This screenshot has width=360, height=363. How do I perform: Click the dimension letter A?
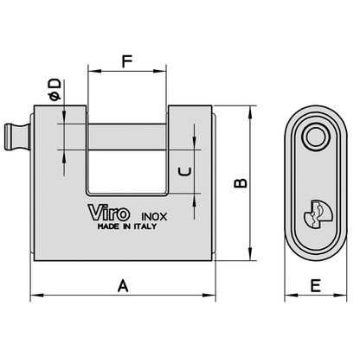click(x=123, y=284)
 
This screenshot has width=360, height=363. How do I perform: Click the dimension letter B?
click(x=243, y=182)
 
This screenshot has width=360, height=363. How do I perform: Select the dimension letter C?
click(x=183, y=172)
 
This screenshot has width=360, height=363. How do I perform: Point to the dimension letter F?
click(x=127, y=62)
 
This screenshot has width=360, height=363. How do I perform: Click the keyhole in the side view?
click(x=315, y=212)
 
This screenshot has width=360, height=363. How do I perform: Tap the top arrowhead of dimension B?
click(x=251, y=111)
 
